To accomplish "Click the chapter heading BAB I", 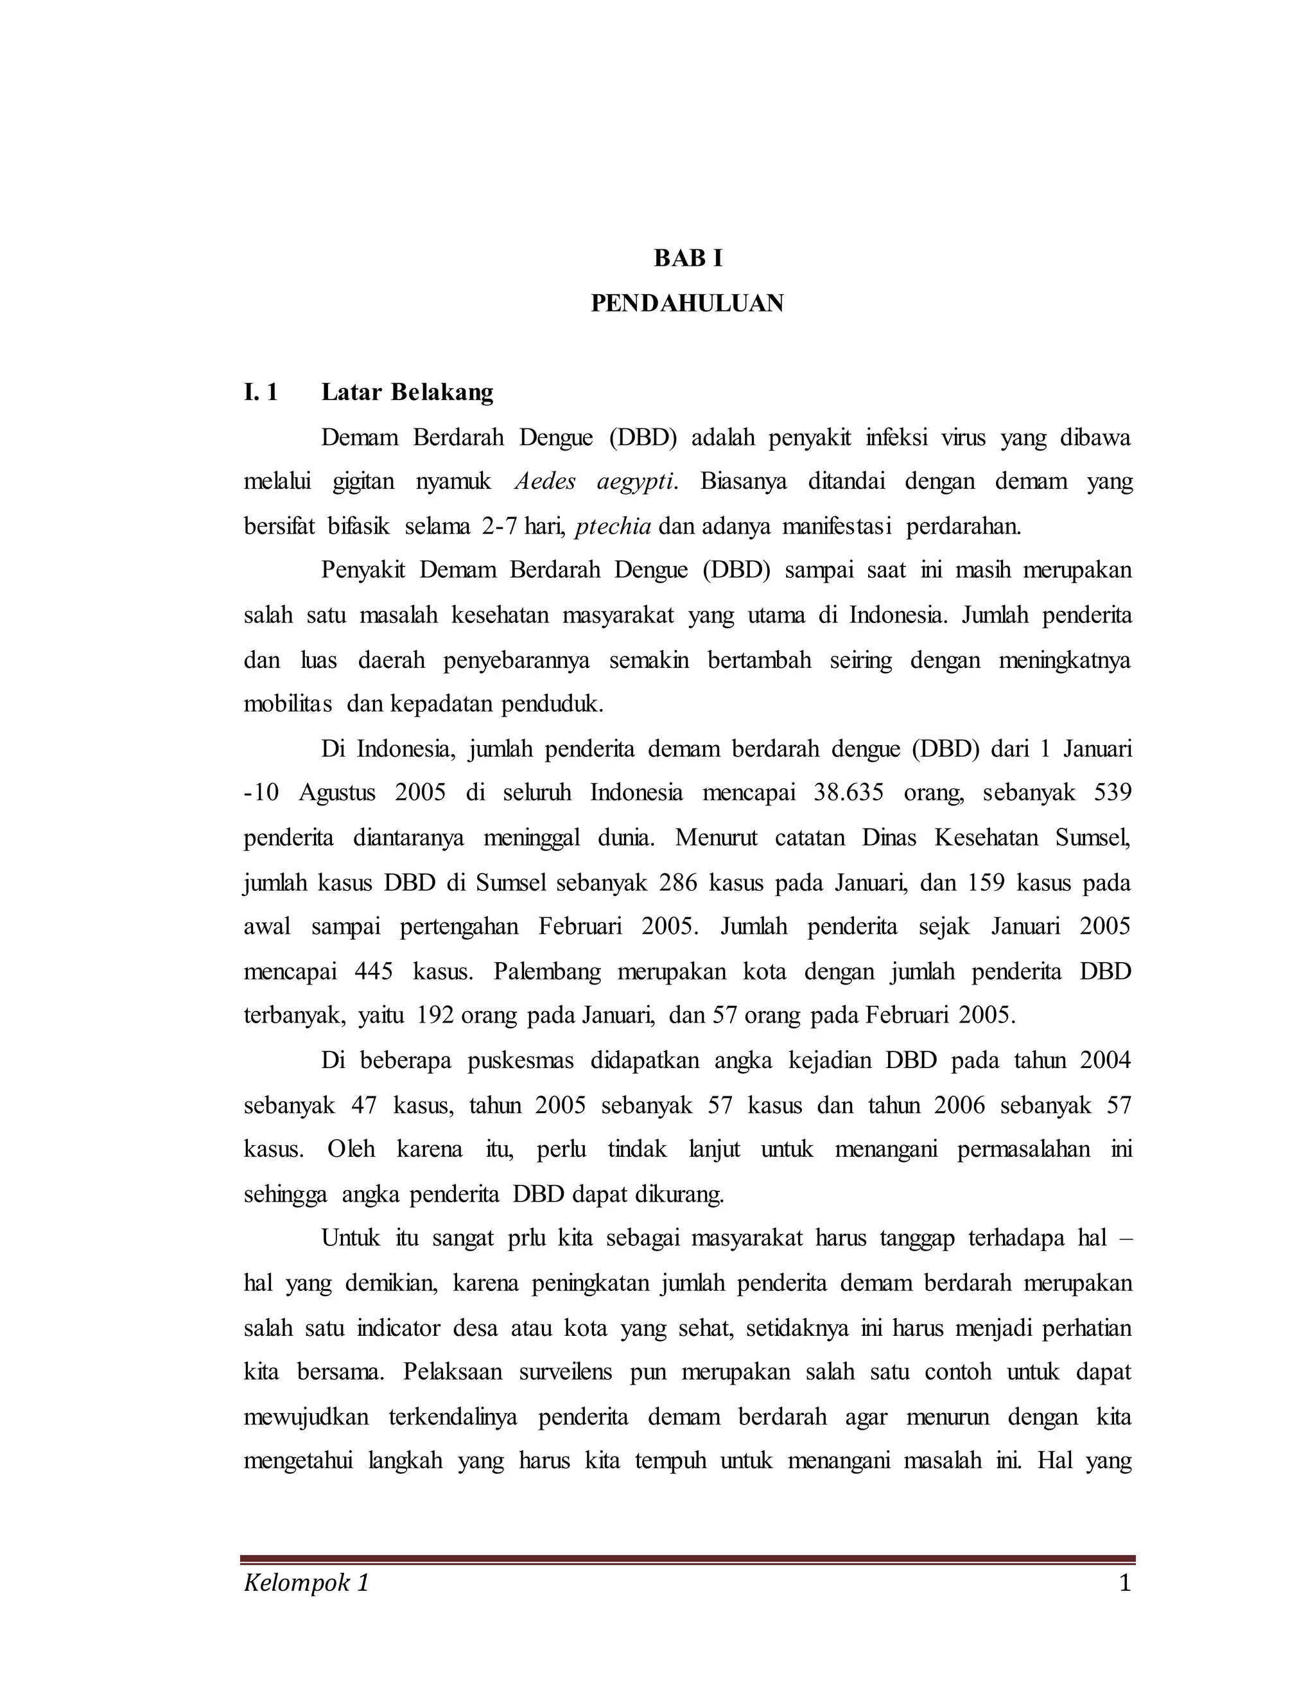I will [x=688, y=258].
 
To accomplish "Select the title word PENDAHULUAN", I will [x=687, y=303].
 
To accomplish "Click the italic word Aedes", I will [x=545, y=482].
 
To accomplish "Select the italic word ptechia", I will [x=613, y=527].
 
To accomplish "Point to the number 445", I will [x=373, y=972].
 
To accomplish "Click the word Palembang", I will [x=547, y=972].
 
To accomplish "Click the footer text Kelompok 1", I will [x=306, y=1584].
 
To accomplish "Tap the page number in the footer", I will [x=1124, y=1584].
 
